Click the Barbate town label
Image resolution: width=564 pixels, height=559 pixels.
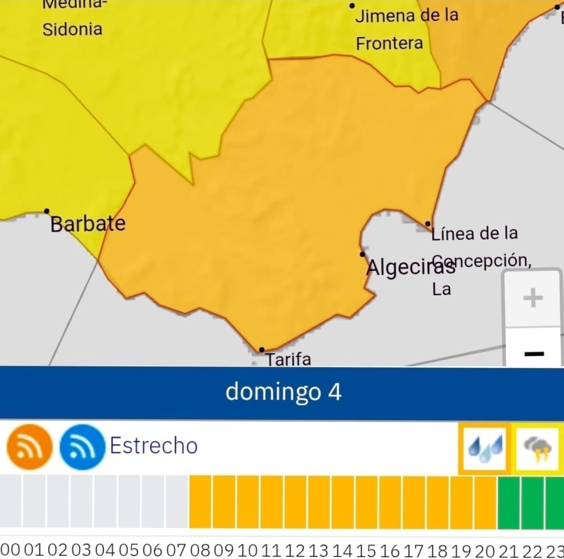[88, 224]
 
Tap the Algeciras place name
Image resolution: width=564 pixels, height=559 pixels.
[411, 267]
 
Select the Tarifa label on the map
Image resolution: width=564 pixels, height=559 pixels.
[288, 359]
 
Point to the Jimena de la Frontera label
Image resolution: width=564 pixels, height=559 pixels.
[406, 29]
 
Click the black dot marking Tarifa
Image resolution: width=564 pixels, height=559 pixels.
[261, 350]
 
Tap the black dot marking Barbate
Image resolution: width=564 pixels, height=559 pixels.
[47, 211]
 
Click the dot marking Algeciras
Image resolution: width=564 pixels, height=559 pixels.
[362, 254]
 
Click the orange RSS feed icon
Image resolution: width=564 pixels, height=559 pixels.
[29, 447]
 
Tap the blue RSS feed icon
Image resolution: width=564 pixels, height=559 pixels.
[82, 447]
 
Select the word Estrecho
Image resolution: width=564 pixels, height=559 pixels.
[154, 446]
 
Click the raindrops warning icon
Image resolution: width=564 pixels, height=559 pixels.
[485, 449]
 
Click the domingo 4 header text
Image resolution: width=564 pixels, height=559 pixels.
[283, 392]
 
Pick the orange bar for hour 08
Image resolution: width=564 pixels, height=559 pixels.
[200, 502]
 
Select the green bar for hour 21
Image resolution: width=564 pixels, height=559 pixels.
[509, 502]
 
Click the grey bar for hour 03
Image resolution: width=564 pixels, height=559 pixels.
[82, 502]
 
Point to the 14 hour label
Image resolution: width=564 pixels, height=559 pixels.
[342, 550]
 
